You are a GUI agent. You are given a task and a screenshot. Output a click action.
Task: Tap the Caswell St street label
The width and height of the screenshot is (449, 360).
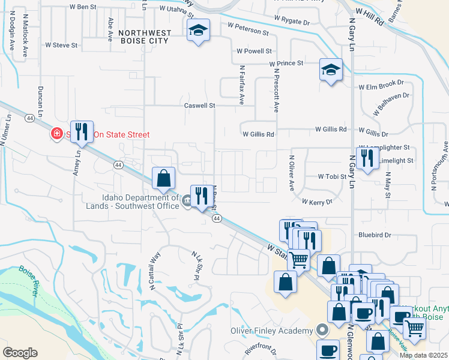(x=199, y=106)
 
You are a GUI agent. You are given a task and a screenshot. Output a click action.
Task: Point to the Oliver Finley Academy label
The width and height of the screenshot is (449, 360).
(x=273, y=331)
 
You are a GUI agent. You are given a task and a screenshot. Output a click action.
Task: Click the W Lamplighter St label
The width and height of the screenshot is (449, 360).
(x=384, y=147)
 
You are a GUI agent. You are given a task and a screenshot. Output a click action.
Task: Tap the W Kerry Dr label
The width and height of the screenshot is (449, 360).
(x=317, y=202)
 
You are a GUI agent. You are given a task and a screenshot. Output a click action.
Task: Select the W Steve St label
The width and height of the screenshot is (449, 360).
(x=62, y=45)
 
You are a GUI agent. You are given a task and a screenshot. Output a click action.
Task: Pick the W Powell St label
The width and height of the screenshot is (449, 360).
(x=254, y=52)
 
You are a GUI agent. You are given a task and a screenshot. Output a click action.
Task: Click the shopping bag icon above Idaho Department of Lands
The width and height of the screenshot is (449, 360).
(x=163, y=178)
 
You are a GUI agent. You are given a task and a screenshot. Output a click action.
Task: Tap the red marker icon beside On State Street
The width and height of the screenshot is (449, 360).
(x=56, y=133)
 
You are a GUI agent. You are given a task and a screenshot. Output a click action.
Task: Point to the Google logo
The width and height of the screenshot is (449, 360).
(x=20, y=352)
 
